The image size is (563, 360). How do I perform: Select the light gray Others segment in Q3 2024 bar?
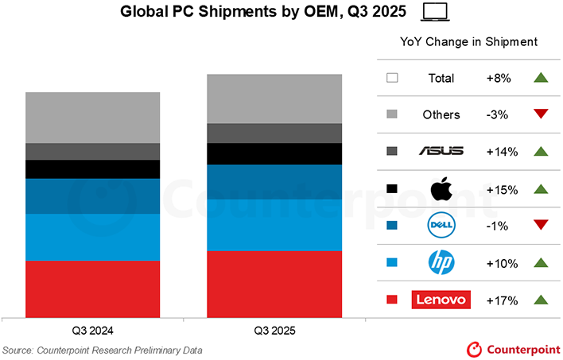pos(93,118)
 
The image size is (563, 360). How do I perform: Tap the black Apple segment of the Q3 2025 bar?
pos(274,153)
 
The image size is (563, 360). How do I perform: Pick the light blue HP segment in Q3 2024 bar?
pos(93,237)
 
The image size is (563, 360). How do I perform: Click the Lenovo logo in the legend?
pos(441,300)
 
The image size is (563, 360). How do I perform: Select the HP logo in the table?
pos(441,263)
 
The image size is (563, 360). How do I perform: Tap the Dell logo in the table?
pos(441,226)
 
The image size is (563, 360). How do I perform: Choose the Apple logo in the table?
pos(441,189)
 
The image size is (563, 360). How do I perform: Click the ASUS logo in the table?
pos(441,151)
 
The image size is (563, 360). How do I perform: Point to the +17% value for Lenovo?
pos(502,300)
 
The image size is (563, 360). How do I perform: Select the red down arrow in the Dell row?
pos(542,226)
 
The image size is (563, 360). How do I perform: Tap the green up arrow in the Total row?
pos(542,78)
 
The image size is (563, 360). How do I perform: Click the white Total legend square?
pos(391,78)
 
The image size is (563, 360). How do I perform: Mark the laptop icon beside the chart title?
pos(435,12)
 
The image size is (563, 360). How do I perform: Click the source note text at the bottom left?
pos(103,350)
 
